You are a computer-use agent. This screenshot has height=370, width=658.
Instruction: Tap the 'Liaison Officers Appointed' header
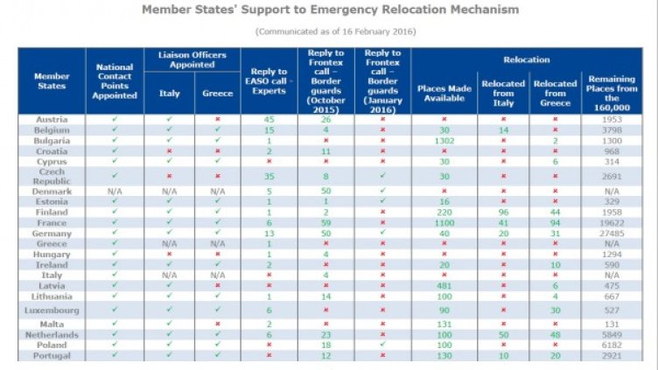(189, 59)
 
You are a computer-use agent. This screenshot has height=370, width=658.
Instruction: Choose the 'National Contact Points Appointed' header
(115, 80)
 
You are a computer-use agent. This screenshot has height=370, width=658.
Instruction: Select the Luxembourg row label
(51, 310)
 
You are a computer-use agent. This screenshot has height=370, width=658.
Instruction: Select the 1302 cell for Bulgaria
(444, 140)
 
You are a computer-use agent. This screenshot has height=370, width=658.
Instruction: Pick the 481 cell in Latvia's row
(444, 284)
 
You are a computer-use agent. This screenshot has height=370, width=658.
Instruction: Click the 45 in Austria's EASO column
(269, 119)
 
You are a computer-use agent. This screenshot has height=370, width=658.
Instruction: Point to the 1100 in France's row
(444, 223)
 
